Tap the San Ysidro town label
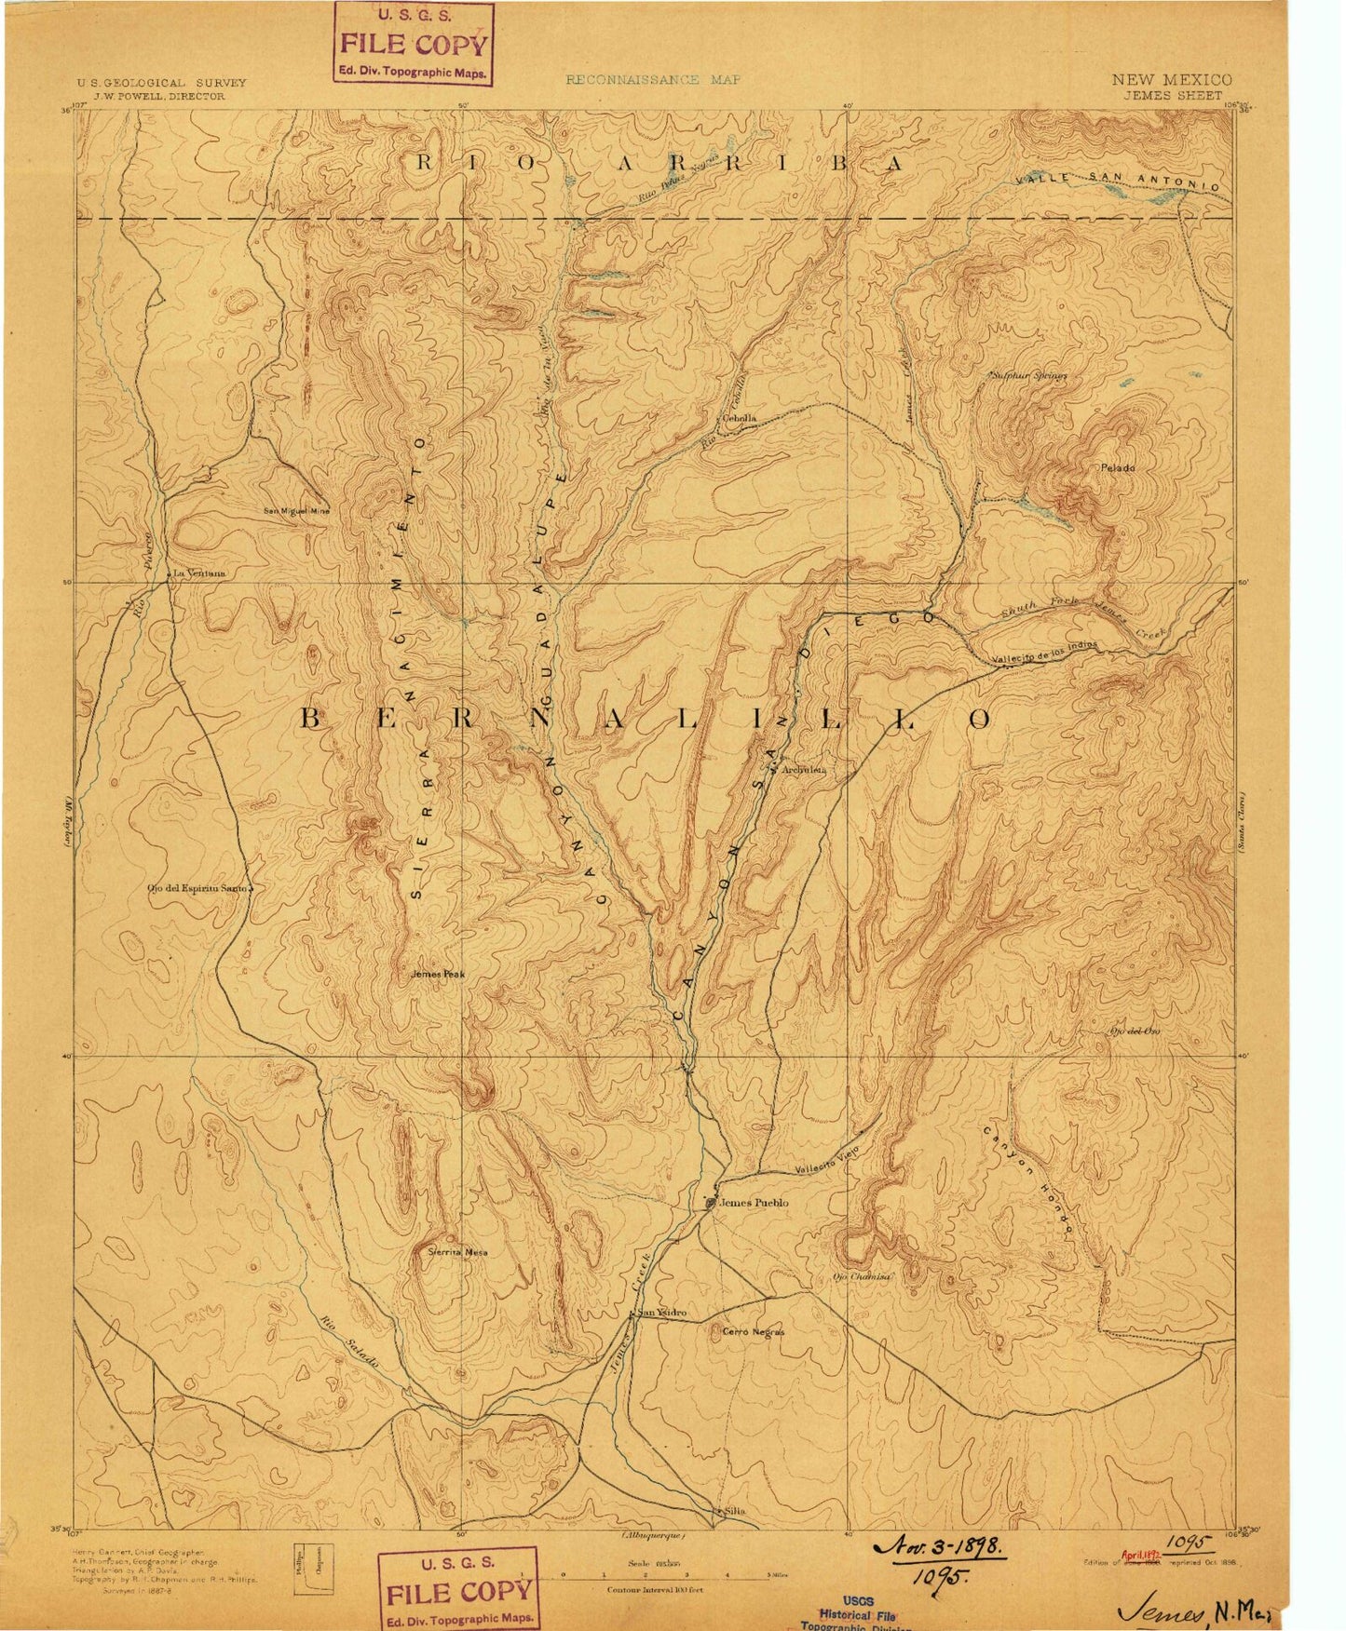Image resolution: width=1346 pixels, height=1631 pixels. tap(663, 1313)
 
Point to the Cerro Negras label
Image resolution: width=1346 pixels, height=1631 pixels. tap(753, 1332)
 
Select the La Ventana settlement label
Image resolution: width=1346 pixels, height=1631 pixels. tap(198, 573)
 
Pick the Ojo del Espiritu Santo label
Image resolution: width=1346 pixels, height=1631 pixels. tap(198, 888)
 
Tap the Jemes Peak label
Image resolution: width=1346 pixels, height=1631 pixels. tap(437, 975)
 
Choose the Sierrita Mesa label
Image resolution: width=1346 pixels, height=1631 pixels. tap(457, 1252)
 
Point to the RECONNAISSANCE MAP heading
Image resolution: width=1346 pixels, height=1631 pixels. tap(653, 80)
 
